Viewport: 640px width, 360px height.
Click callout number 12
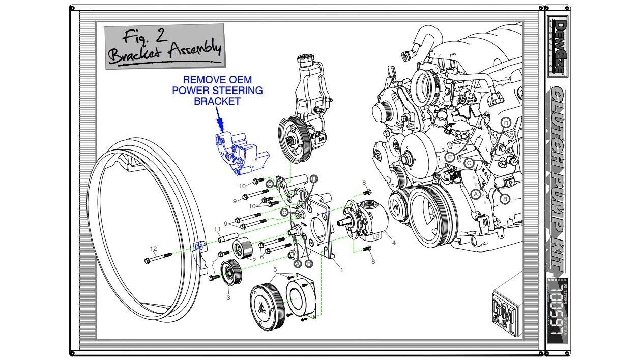click(153, 249)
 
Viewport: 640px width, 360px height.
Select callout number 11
click(217, 229)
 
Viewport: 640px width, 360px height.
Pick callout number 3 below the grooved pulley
click(228, 297)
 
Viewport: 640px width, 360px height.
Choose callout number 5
click(275, 269)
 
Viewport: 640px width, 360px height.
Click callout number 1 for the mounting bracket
click(341, 270)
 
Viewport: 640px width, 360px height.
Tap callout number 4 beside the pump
click(393, 243)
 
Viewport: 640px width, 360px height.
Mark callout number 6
click(262, 257)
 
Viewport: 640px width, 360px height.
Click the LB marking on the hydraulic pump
click(376, 236)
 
